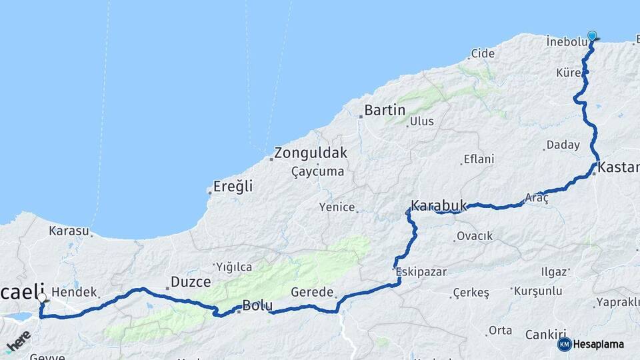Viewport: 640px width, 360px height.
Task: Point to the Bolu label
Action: [257, 306]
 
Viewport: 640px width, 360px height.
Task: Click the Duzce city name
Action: [191, 282]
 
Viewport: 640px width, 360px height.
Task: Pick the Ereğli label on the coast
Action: [233, 187]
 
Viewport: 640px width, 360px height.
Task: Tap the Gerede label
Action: [312, 292]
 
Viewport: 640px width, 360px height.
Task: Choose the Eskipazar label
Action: [421, 272]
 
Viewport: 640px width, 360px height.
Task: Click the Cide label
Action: [483, 53]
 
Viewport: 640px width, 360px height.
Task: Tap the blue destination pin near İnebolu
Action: [592, 36]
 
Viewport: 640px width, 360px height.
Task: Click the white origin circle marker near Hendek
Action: [42, 298]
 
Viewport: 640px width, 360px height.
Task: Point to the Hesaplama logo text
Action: [599, 345]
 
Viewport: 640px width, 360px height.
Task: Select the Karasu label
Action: [69, 231]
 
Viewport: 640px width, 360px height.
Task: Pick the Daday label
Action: [563, 145]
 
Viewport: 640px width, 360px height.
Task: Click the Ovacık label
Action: [475, 236]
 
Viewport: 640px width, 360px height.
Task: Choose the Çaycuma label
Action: [318, 172]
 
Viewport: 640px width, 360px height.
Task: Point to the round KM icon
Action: [565, 345]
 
